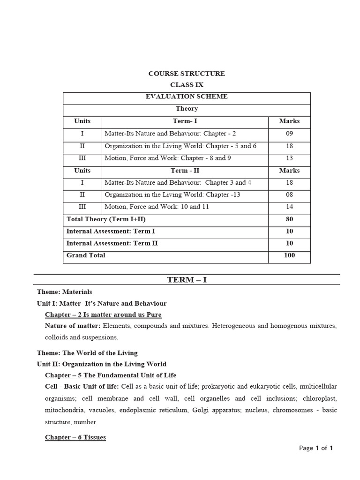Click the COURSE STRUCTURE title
[x=187, y=74]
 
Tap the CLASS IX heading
[x=187, y=85]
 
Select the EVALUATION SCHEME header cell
[x=187, y=97]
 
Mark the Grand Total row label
[x=86, y=255]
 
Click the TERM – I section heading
[x=187, y=280]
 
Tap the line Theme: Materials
[x=64, y=292]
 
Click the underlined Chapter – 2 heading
[x=103, y=315]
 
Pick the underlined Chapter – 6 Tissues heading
[x=75, y=437]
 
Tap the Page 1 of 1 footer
[x=315, y=448]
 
